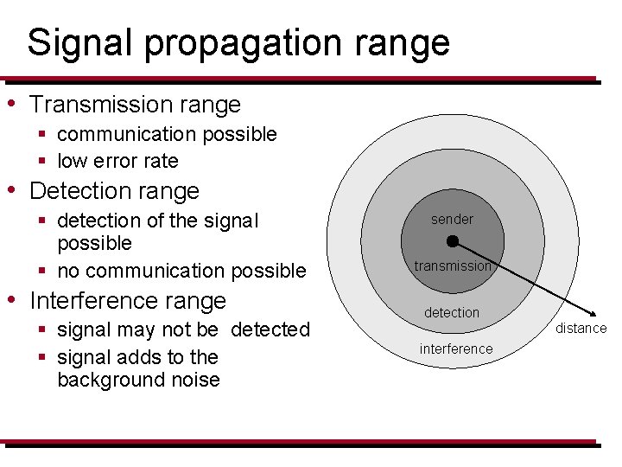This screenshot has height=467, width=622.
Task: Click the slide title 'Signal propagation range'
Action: coord(238,42)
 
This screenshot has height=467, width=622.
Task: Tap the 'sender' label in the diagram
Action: coord(452,220)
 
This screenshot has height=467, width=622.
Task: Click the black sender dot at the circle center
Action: coord(452,241)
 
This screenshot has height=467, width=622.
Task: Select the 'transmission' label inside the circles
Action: coord(452,266)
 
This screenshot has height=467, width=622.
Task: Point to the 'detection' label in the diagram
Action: coord(451,312)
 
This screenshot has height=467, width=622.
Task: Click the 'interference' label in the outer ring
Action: coord(456,349)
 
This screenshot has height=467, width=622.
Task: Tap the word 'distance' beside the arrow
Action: coord(581,329)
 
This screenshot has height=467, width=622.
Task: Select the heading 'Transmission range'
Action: coord(135,105)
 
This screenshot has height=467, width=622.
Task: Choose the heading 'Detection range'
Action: coord(114,191)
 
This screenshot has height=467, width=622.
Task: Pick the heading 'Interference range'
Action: coord(128,301)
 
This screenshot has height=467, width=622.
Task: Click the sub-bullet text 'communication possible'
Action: coord(167,134)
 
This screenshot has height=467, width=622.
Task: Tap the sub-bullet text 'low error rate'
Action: coord(117,161)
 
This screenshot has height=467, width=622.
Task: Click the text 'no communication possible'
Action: coord(181,271)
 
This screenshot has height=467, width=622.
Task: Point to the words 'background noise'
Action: coord(138,380)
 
